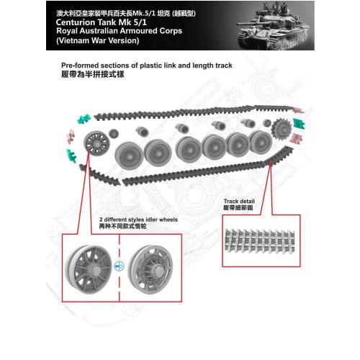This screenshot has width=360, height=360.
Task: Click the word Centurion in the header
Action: point(79,22)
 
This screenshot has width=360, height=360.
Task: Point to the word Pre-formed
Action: point(81,65)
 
